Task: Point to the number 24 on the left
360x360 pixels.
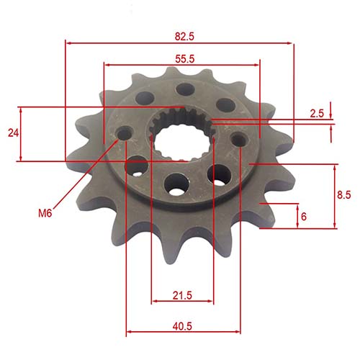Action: pos(11,133)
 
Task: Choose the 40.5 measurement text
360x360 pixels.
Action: pos(183,326)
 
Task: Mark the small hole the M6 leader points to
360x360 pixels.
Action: pos(127,134)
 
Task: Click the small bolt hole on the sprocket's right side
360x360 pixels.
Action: pos(239,138)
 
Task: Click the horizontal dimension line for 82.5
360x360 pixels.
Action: pos(180,42)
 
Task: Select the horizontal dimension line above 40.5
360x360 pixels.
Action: pos(183,334)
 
